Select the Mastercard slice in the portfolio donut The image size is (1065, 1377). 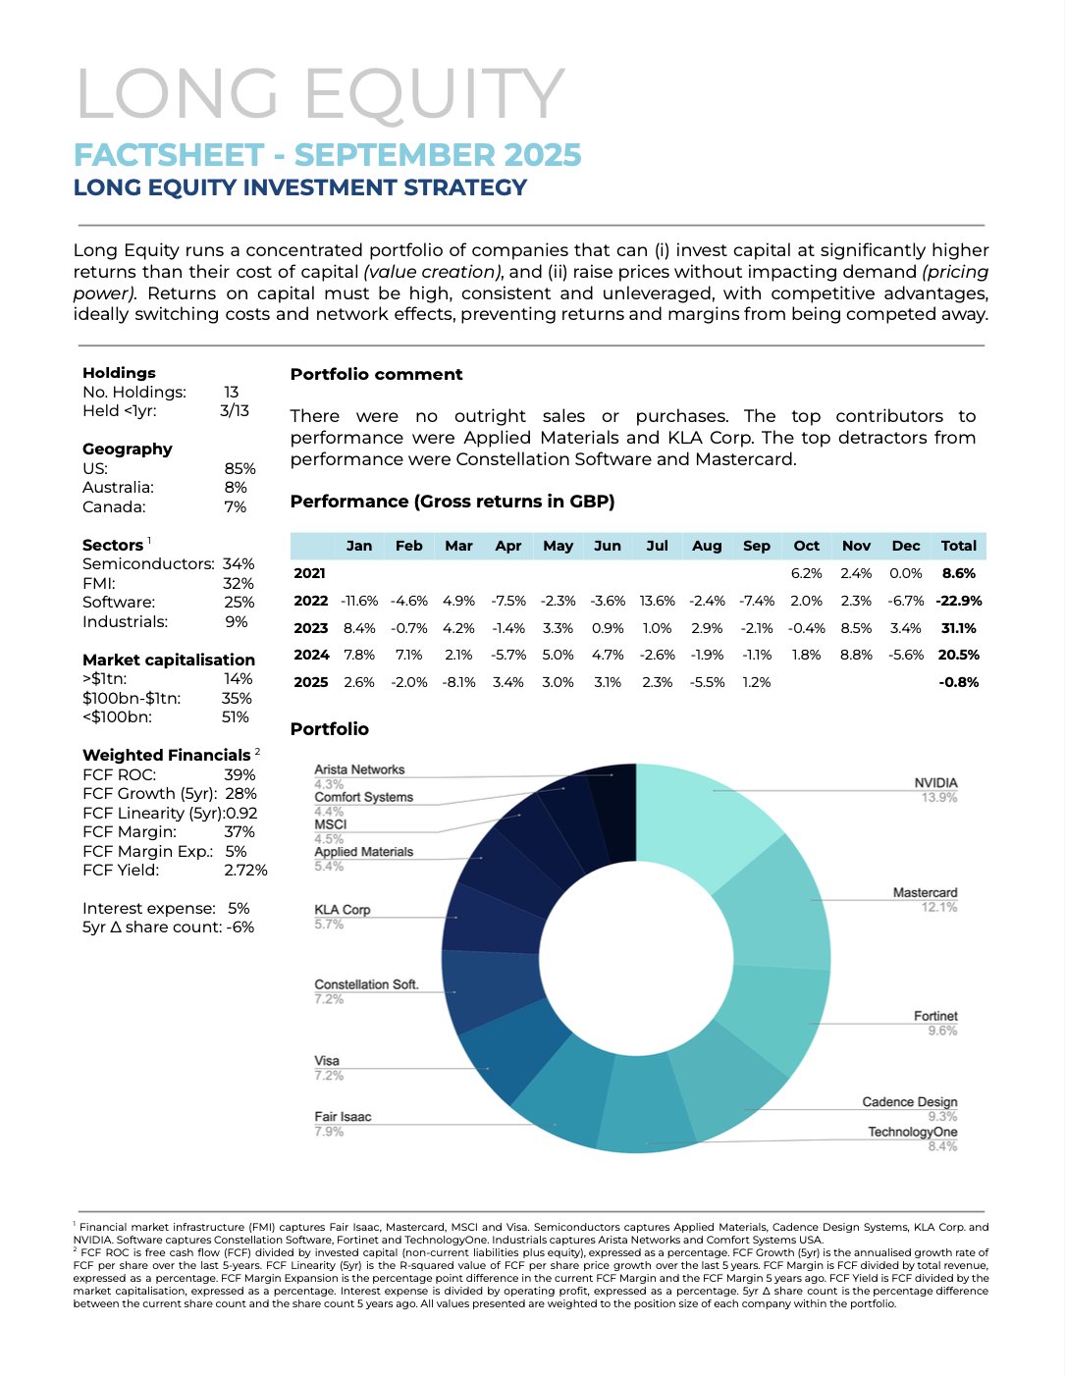[x=775, y=903]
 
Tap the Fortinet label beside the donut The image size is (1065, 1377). [x=934, y=1016]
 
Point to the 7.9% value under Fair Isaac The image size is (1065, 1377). [x=329, y=1132]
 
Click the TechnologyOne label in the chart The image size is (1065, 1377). [x=912, y=1132]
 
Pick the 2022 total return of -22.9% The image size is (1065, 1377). [x=958, y=601]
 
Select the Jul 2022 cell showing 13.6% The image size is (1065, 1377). [x=657, y=601]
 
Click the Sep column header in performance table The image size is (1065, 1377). [x=756, y=546]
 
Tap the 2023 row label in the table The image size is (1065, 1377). [x=310, y=628]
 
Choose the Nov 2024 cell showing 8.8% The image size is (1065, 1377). [x=856, y=655]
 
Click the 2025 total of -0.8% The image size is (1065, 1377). [x=958, y=682]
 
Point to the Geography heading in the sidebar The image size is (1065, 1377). [x=127, y=449]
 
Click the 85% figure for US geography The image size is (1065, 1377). [x=240, y=468]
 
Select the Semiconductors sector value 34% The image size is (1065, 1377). [x=239, y=563]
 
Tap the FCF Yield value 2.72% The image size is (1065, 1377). [x=245, y=870]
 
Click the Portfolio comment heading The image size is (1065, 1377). [x=376, y=374]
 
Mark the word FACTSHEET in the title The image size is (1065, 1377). [x=169, y=155]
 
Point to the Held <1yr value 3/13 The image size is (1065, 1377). [x=235, y=410]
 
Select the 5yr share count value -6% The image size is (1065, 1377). [x=240, y=927]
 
